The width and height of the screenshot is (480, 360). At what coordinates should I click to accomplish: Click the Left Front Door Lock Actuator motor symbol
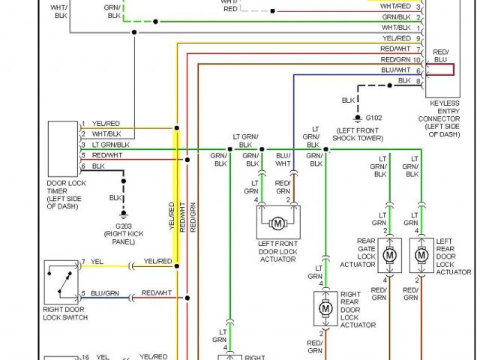277,223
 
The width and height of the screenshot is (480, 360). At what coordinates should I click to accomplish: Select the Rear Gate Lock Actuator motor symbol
389,255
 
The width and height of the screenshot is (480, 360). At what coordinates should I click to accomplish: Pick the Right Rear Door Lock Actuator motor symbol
325,307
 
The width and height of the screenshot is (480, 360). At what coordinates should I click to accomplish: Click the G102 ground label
373,118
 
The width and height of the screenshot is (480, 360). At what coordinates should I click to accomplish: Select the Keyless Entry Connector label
450,117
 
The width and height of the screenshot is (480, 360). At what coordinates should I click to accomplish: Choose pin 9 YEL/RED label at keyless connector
397,37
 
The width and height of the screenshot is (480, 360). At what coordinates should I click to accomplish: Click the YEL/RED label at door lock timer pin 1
106,123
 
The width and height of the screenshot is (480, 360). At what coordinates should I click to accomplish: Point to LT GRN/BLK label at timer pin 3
111,144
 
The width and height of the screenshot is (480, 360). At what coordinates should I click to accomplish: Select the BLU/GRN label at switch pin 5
105,293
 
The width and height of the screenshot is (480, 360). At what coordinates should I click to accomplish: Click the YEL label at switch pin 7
97,262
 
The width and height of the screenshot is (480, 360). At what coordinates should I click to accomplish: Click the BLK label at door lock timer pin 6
98,166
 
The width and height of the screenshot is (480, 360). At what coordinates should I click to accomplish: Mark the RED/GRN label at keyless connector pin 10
395,59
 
